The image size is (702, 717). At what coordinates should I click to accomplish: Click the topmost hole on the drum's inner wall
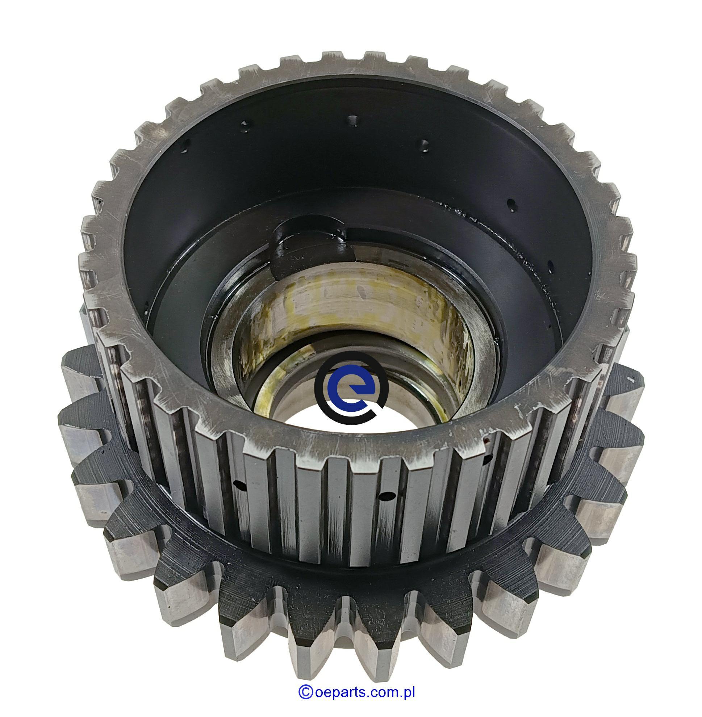click(x=353, y=120)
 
